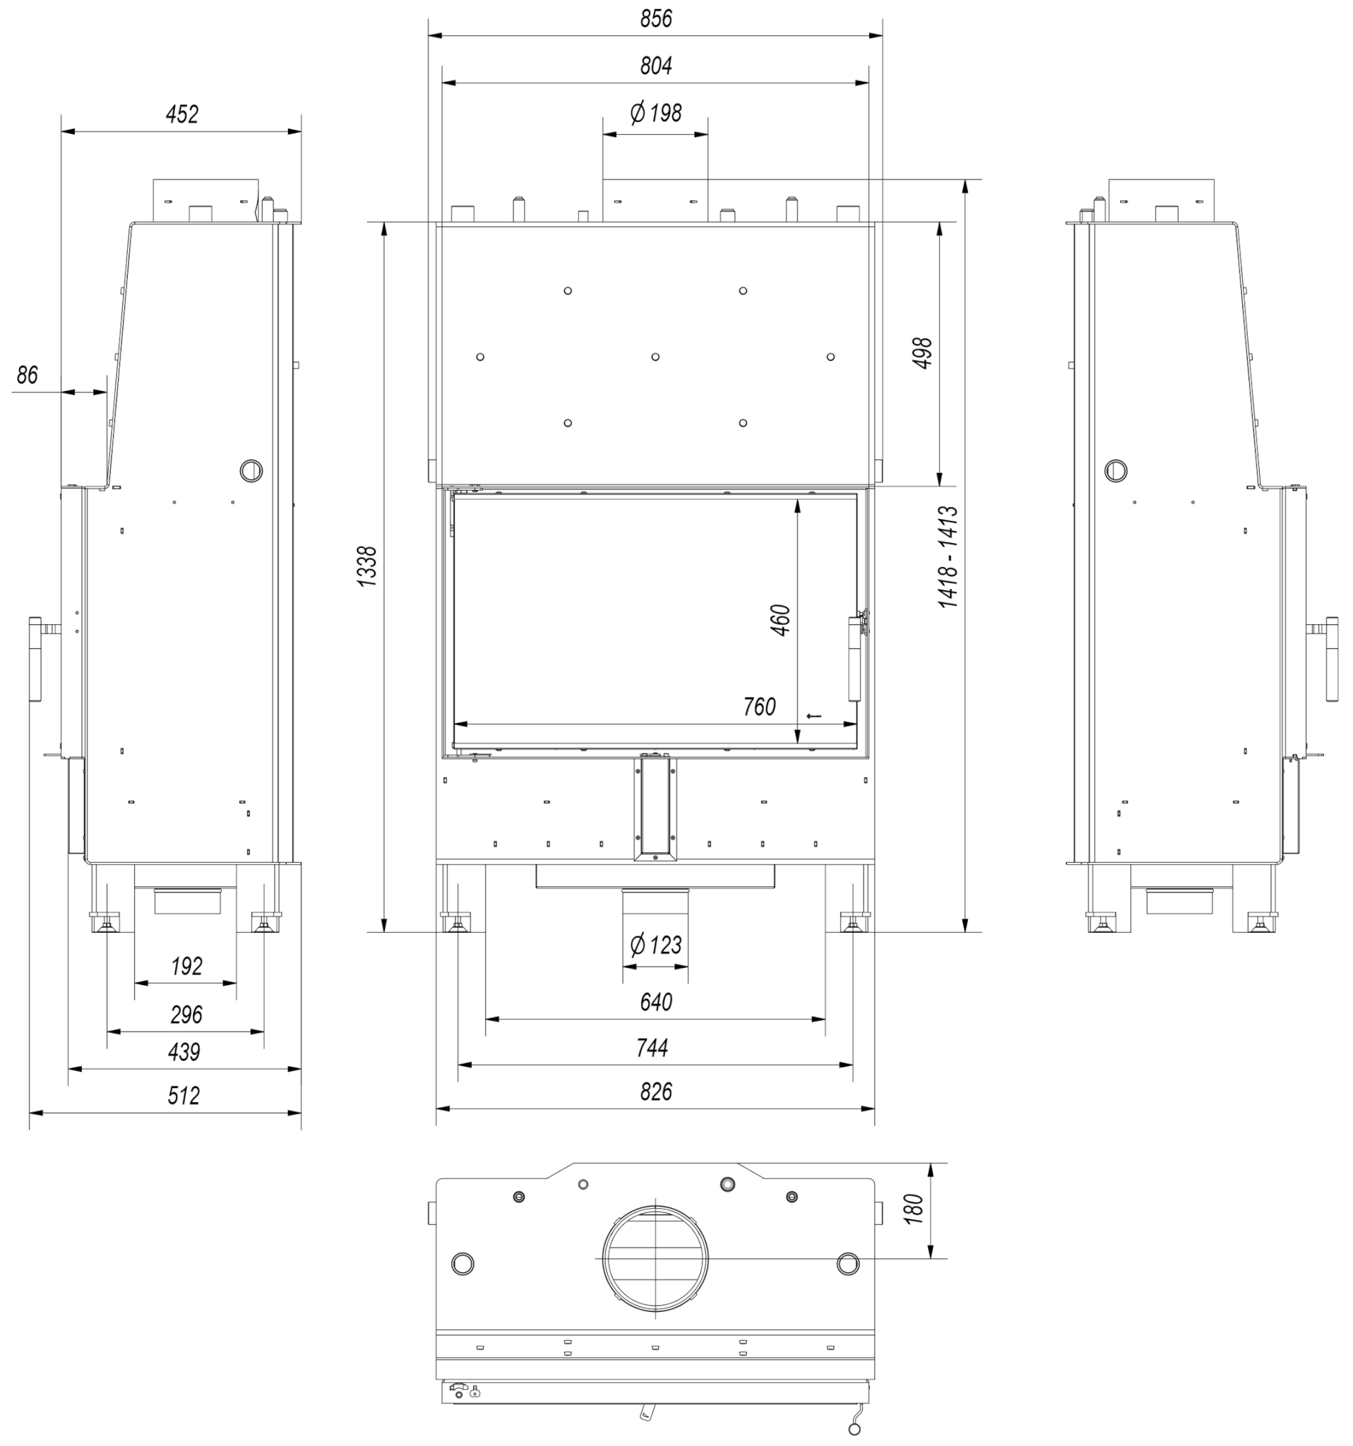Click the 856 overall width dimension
[x=655, y=19]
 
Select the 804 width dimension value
[x=655, y=66]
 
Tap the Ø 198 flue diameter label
[x=655, y=113]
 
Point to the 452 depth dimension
[x=182, y=114]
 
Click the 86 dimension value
[x=27, y=376]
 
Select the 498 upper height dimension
[x=922, y=353]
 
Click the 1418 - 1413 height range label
[x=948, y=557]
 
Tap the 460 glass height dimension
[x=780, y=620]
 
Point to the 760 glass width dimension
[x=759, y=706]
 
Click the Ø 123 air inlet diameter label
[x=655, y=945]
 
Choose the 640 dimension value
[x=655, y=1003]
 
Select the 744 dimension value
[x=652, y=1048]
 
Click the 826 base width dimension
[x=655, y=1092]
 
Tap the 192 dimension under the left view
[x=186, y=966]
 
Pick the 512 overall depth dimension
[x=184, y=1095]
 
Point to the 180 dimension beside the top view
[x=914, y=1209]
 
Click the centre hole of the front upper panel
[x=655, y=357]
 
